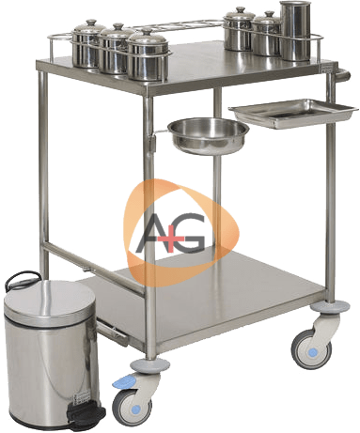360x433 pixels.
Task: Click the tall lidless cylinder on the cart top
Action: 295,31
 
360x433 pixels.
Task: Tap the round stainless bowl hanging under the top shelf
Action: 209,136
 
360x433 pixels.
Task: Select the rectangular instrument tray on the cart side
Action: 293,113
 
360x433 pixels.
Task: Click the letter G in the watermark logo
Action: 189,233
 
